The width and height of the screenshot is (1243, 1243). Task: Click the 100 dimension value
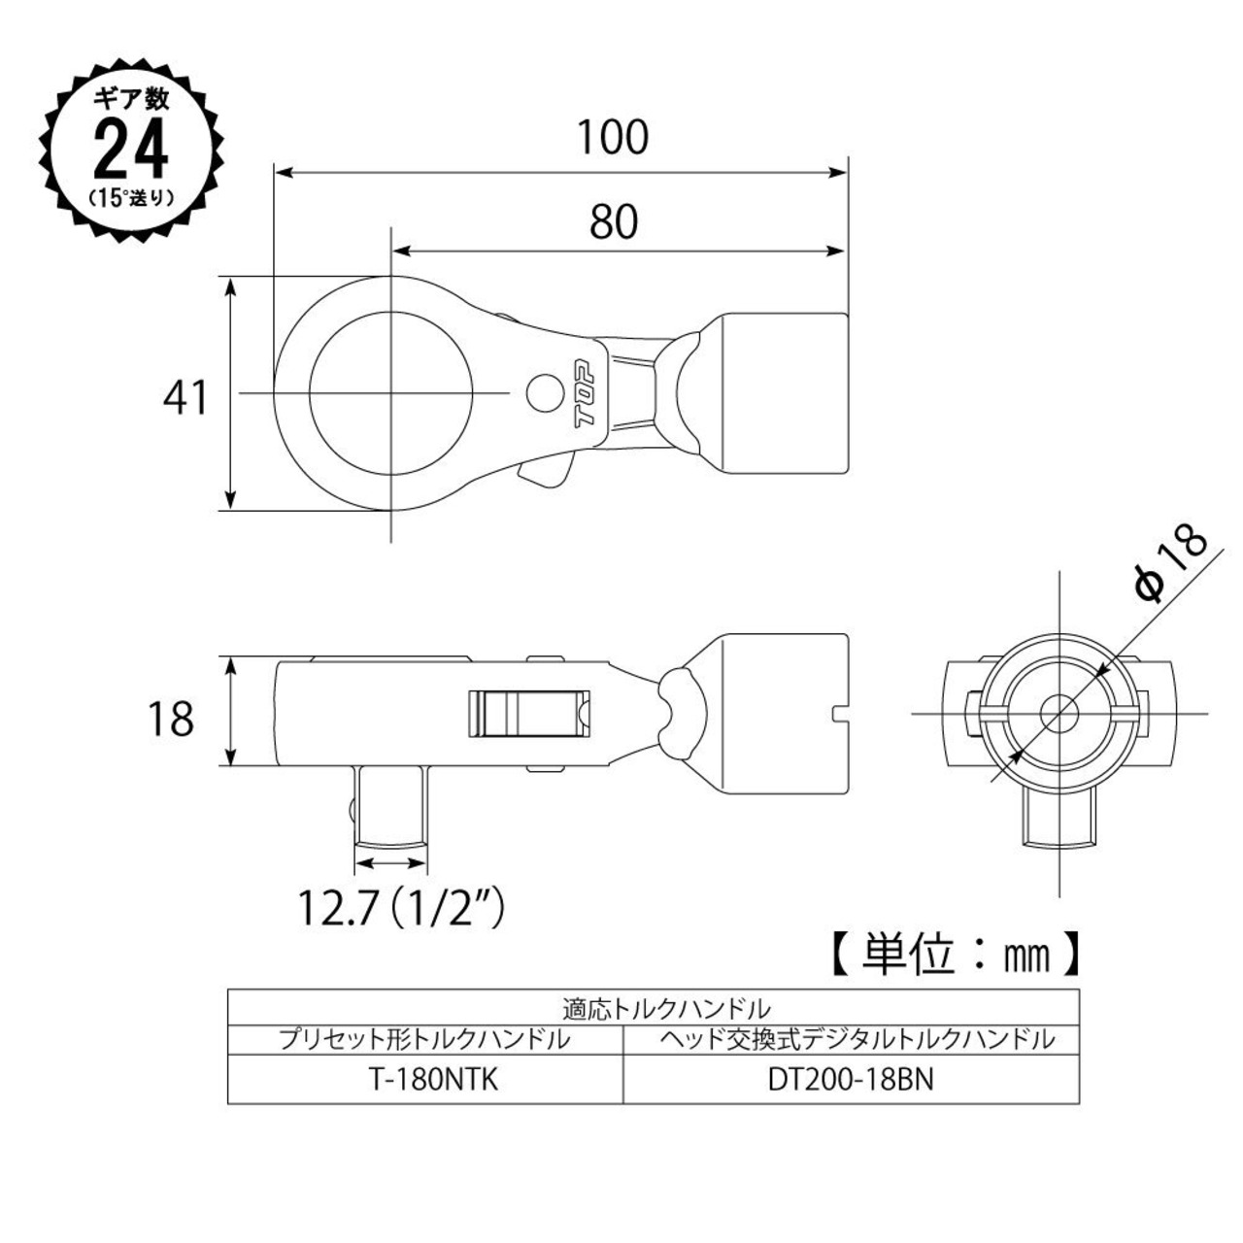pos(612,137)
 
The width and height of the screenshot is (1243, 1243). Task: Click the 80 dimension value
pos(613,221)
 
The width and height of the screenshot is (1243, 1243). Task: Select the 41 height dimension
pos(185,397)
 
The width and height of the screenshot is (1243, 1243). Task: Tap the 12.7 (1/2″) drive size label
pos(400,908)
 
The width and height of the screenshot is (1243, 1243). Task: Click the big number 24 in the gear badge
pos(131,149)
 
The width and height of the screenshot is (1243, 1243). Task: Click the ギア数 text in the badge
pos(132,99)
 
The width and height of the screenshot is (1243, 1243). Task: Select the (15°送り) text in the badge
pos(132,197)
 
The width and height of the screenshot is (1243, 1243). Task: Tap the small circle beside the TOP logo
pos(542,392)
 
